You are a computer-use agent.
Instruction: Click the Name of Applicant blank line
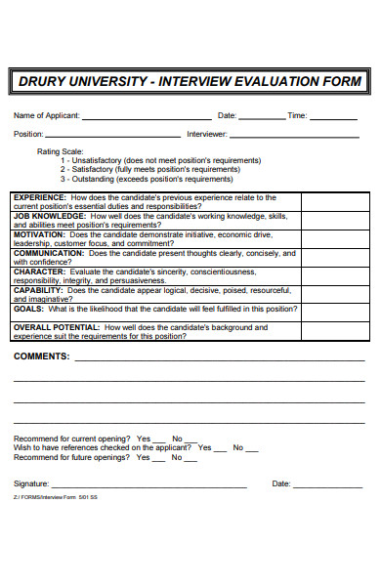(x=147, y=118)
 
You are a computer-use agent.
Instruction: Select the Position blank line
(x=113, y=137)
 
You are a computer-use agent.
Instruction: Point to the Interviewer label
(x=207, y=134)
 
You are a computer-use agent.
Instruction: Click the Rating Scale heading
(x=61, y=152)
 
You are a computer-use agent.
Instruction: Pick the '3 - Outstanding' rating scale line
(x=147, y=179)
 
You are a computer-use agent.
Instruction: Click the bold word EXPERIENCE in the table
(x=40, y=196)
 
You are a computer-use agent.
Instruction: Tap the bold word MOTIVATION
(x=39, y=234)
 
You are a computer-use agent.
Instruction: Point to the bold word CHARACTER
(x=38, y=272)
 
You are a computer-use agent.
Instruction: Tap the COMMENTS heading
(x=41, y=356)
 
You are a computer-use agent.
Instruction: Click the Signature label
(x=30, y=483)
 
